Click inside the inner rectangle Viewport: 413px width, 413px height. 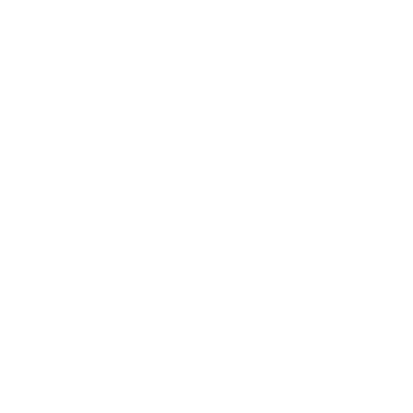[140, 347]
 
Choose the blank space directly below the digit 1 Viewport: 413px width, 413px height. [7, 244]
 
